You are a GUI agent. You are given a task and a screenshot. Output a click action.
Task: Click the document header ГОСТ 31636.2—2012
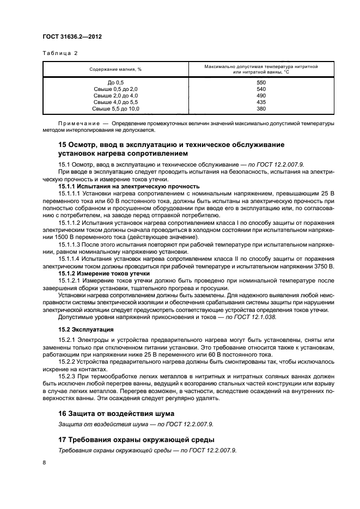coord(72,36)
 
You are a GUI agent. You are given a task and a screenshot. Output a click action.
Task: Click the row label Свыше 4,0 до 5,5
coord(115,102)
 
